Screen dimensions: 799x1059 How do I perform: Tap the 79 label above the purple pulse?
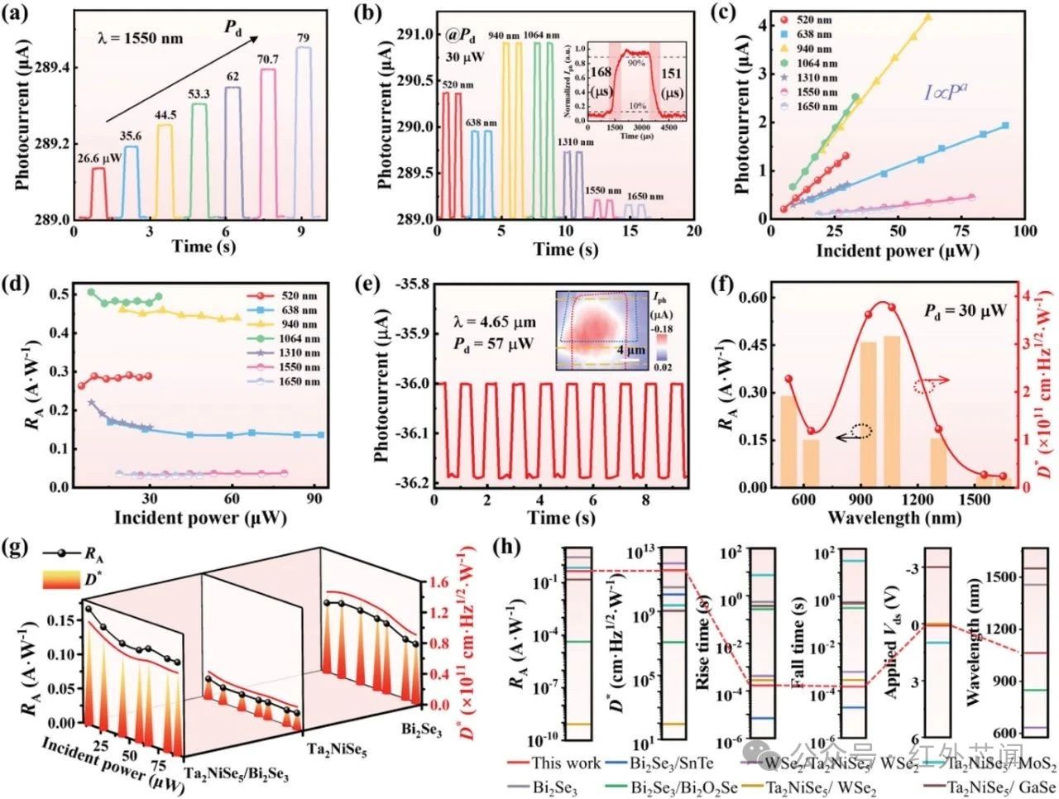304,36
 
